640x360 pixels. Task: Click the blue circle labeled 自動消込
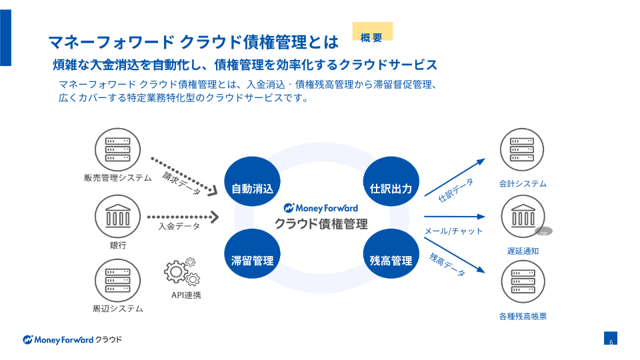[253, 187]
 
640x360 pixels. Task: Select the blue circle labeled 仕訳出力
[391, 187]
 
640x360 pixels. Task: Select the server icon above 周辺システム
[118, 281]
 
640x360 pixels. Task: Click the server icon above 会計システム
[523, 151]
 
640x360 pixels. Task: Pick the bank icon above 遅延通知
[523, 217]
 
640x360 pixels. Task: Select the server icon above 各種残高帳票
[523, 283]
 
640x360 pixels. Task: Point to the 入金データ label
[179, 227]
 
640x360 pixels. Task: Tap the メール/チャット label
[453, 231]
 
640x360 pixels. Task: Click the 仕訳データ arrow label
[456, 191]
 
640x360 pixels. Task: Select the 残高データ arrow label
[447, 265]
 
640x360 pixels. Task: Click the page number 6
[611, 342]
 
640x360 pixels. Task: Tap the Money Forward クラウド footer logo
[73, 339]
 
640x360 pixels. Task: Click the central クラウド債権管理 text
[321, 223]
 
